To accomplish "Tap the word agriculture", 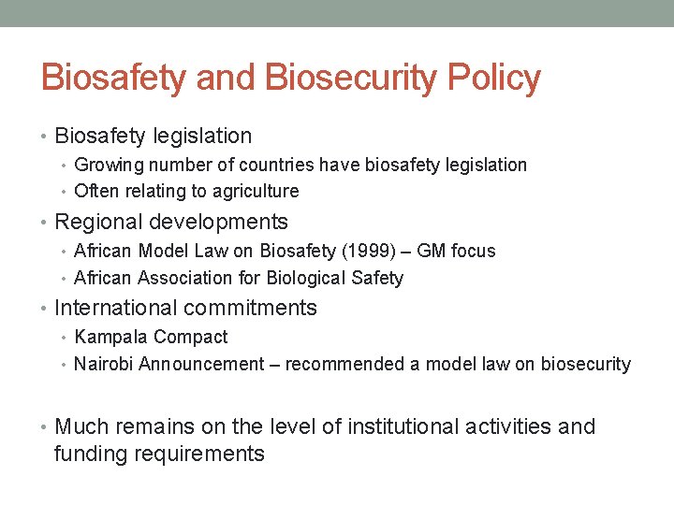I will (253, 192).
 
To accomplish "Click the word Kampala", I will (110, 337).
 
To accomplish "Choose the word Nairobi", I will (104, 364).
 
